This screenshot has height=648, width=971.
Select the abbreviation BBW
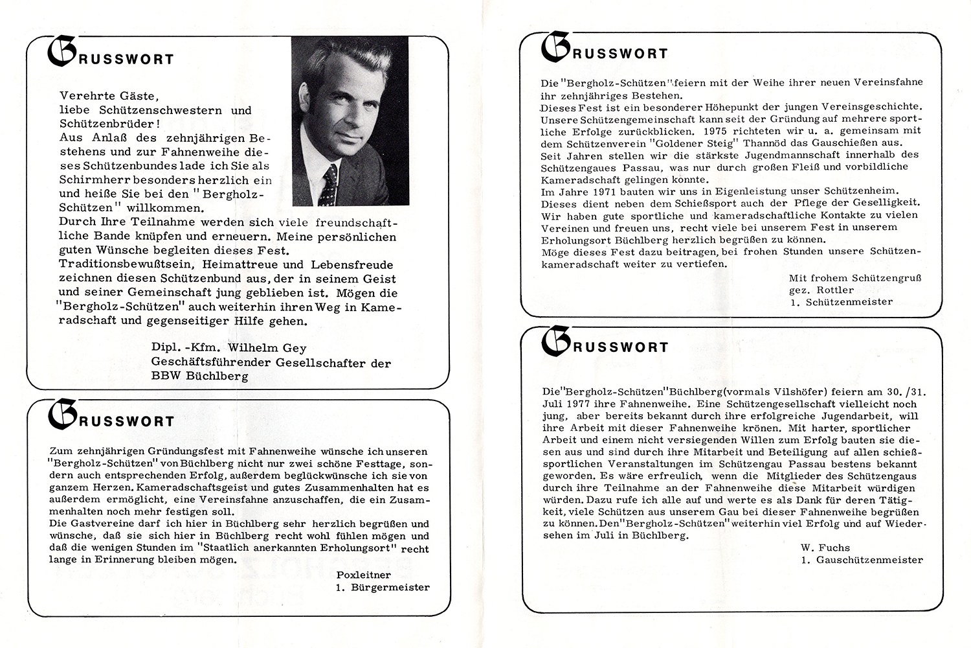pos(164,376)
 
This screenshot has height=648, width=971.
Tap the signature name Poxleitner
pos(364,575)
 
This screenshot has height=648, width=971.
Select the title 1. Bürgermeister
pos(383,588)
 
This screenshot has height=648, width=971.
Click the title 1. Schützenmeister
pos(840,302)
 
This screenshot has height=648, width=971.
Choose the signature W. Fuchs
pos(825,548)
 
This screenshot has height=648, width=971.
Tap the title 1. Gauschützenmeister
pos(862,560)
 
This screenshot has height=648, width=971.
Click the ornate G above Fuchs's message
pos(555,342)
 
